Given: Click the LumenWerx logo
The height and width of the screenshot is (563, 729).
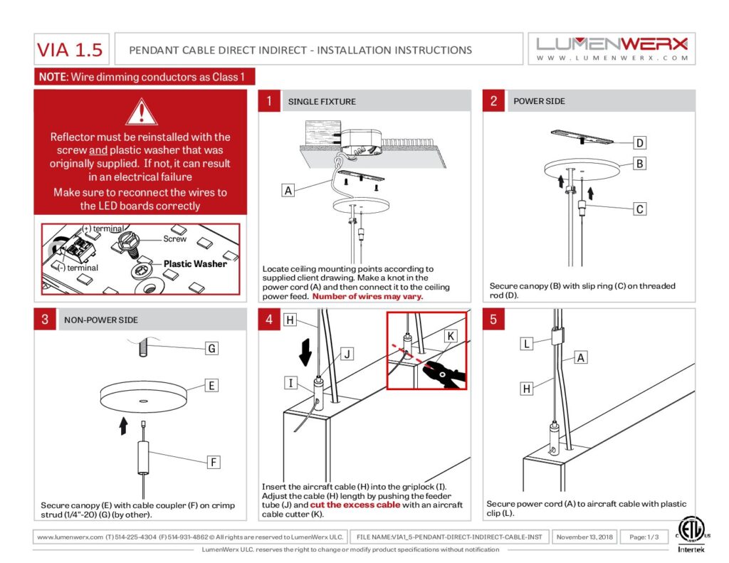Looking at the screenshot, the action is click(x=612, y=49).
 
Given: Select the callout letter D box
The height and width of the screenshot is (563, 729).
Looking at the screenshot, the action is click(x=640, y=143).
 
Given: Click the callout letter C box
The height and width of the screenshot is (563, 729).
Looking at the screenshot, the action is click(x=640, y=209).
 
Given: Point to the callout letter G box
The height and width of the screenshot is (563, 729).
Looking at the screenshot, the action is click(x=211, y=348).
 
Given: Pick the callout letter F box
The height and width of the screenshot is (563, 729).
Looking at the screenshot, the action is click(x=214, y=462).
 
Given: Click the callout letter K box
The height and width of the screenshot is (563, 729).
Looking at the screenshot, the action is click(x=451, y=336).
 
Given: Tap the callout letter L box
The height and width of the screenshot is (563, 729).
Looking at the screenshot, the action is click(x=526, y=344).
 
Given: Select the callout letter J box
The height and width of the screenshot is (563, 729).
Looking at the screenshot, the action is click(x=347, y=354).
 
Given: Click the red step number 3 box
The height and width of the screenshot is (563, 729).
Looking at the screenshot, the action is click(x=45, y=320).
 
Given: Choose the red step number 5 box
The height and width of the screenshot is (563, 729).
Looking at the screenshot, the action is click(x=493, y=320).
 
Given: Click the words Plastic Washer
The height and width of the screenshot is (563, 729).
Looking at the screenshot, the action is click(x=195, y=263).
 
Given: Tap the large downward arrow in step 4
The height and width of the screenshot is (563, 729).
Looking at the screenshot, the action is click(x=305, y=352).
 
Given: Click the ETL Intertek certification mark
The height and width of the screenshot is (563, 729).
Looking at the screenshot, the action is click(x=691, y=535).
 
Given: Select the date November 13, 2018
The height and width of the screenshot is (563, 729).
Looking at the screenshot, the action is click(x=584, y=537).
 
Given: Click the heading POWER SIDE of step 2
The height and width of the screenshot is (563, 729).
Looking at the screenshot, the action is click(x=540, y=101).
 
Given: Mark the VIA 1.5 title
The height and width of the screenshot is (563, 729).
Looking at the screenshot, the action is click(x=70, y=50).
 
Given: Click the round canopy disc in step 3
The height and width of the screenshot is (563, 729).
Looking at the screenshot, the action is click(x=144, y=397).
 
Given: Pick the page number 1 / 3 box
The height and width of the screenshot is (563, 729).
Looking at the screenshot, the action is click(x=644, y=537).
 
